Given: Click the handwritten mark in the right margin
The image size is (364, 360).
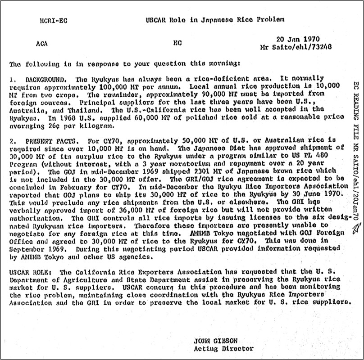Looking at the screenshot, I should [356, 231].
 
